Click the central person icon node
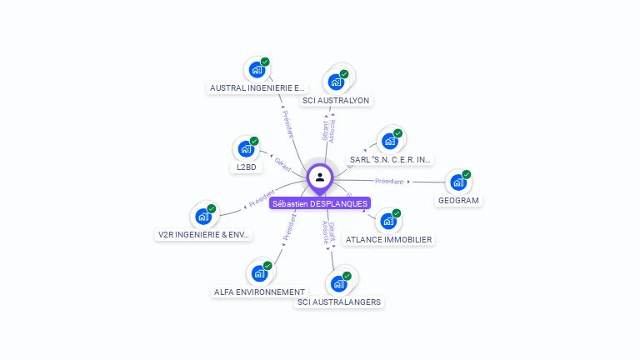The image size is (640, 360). (320, 177)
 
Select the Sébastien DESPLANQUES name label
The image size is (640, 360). (320, 203)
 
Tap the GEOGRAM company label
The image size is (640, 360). (460, 201)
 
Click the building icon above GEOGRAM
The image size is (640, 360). (457, 182)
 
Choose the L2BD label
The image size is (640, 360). (246, 167)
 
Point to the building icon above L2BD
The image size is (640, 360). (246, 148)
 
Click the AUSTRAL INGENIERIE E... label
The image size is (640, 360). (257, 87)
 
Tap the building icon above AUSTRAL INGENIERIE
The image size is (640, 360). (256, 69)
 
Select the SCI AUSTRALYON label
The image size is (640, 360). (336, 100)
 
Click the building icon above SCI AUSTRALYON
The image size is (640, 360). (336, 82)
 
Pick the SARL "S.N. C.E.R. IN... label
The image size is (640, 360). (390, 159)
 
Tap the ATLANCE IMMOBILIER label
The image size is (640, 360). (388, 239)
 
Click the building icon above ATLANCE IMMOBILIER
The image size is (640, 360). (387, 221)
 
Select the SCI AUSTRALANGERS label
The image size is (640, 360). (339, 302)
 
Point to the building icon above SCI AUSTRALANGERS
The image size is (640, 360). (338, 283)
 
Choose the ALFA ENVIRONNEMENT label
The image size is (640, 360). (259, 292)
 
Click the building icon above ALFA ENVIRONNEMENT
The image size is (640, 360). (259, 272)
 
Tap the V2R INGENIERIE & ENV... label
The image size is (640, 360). (204, 234)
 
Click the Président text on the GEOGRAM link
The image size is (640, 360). (388, 181)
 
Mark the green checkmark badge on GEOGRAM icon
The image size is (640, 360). (467, 174)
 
